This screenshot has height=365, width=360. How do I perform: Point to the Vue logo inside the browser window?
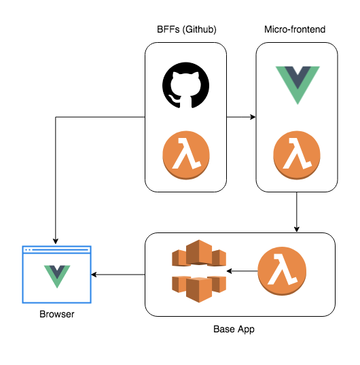click(x=56, y=275)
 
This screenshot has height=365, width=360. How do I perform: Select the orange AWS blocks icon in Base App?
click(x=198, y=271)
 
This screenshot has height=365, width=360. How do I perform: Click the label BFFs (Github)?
click(x=185, y=30)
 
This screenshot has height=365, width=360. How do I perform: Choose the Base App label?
click(x=234, y=330)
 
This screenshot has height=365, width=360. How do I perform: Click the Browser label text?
click(x=56, y=315)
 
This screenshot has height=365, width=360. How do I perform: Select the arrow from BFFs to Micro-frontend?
click(x=240, y=118)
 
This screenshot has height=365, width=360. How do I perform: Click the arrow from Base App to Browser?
click(x=119, y=275)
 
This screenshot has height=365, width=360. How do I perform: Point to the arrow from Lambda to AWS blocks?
click(x=242, y=272)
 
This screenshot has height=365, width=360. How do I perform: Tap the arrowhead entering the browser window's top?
click(x=55, y=241)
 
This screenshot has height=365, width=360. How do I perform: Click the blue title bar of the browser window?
click(x=56, y=250)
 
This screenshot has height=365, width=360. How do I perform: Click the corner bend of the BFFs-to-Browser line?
click(x=55, y=118)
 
